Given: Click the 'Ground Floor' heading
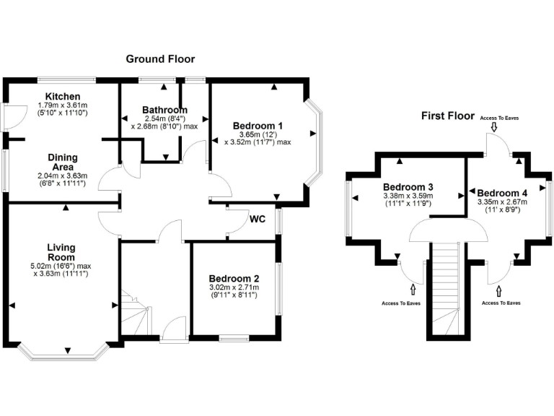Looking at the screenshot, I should pos(160,58).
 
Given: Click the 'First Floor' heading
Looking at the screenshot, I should pos(448,116).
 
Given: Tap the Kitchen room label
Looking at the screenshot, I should pos(63,97).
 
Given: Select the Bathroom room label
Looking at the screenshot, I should pos(164,110).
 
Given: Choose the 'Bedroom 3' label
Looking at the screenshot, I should pos(406,185).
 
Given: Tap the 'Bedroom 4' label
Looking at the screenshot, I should pos(502,193).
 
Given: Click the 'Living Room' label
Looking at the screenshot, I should pos(61,252).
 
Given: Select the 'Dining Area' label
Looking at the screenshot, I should pos(62,162).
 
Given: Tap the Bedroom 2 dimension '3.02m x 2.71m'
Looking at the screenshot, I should pos(232,287).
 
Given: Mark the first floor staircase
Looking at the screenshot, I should pos(446,289).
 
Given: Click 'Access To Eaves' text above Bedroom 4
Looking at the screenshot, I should pos(498,117).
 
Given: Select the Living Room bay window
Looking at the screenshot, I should pos(63,354).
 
